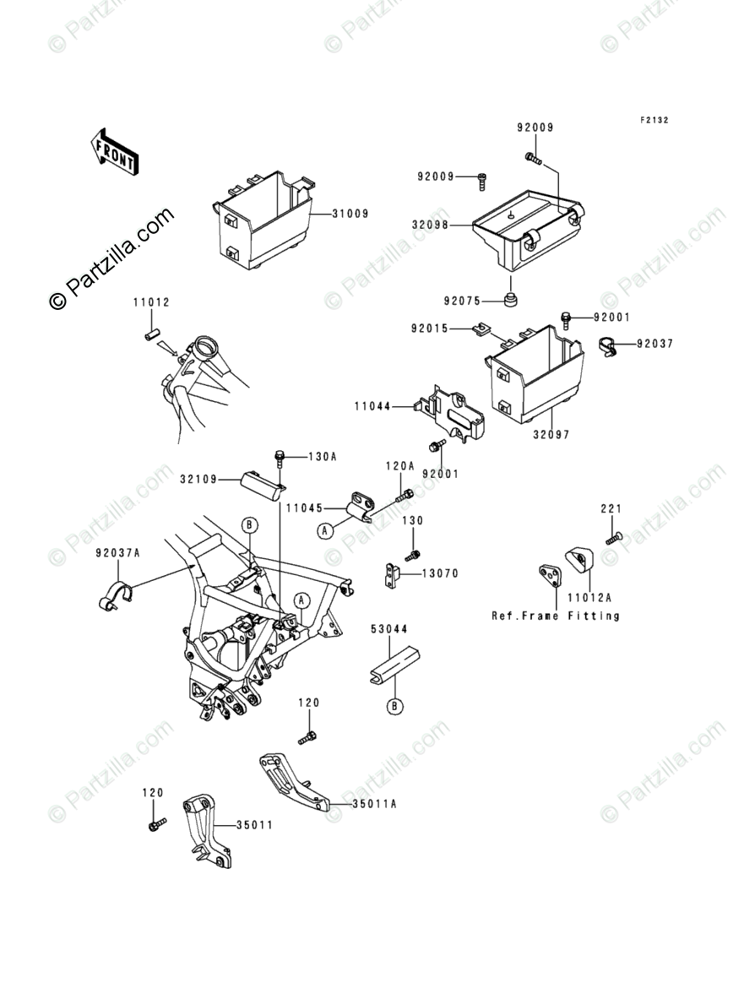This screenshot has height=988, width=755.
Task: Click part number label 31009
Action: pyautogui.click(x=350, y=214)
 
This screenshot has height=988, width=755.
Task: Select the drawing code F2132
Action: pyautogui.click(x=654, y=121)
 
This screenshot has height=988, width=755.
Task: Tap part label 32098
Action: pyautogui.click(x=431, y=226)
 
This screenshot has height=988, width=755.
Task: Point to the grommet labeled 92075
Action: pyautogui.click(x=511, y=301)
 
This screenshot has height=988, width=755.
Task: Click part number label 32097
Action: pyautogui.click(x=551, y=435)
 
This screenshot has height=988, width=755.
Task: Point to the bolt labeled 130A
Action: pyautogui.click(x=280, y=457)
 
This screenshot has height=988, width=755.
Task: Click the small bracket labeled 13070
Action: pyautogui.click(x=390, y=576)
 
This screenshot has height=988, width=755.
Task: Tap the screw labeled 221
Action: pyautogui.click(x=611, y=536)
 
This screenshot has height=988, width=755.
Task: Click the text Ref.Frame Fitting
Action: pyautogui.click(x=556, y=616)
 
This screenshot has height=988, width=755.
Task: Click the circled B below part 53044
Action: pyautogui.click(x=394, y=706)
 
